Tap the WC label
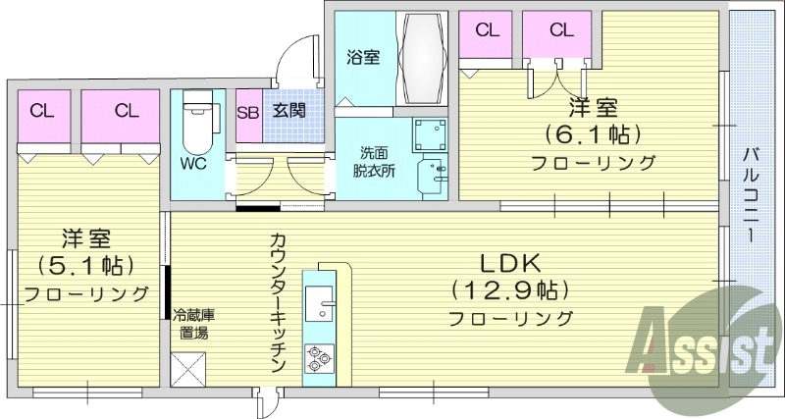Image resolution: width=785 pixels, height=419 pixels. [193, 164]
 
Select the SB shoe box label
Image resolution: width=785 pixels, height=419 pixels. [247, 111]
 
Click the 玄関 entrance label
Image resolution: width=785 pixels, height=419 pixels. [288, 111]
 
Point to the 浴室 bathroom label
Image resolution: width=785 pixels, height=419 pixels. [363, 57]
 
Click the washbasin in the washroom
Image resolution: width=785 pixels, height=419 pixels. [432, 177]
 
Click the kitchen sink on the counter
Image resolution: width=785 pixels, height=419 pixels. [320, 303]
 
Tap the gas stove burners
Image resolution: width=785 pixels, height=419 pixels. [320, 357]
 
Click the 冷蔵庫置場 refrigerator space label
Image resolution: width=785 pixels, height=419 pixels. [193, 324]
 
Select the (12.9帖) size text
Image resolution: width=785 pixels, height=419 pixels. [510, 290]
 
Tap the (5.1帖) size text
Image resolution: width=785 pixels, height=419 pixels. [85, 265]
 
